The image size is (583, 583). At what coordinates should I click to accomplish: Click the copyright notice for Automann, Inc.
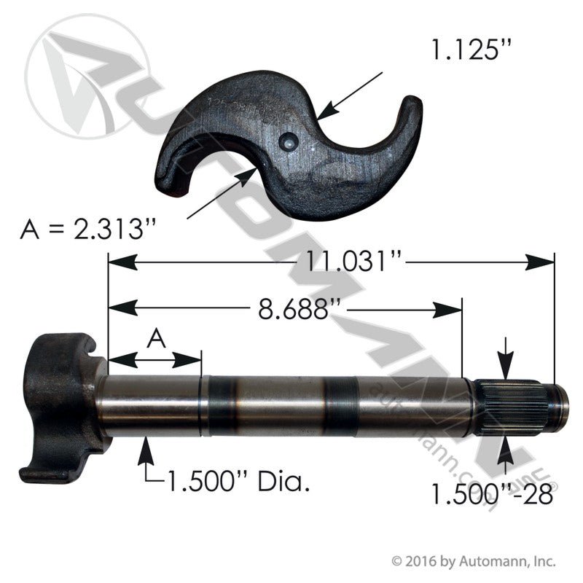tap(474, 562)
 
